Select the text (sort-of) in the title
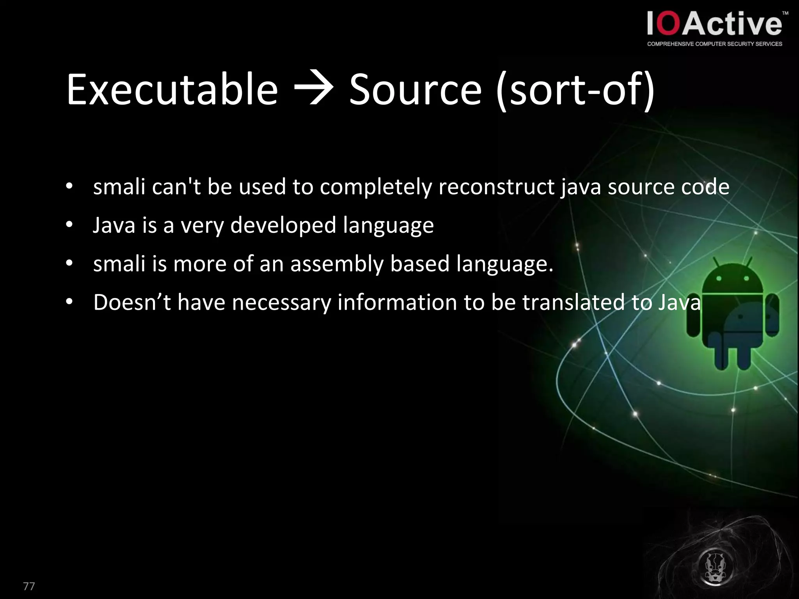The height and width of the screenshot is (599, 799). (576, 90)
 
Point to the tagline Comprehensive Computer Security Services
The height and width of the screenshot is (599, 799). (714, 44)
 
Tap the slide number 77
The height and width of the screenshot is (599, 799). (29, 586)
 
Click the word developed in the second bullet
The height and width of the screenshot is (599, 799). (283, 225)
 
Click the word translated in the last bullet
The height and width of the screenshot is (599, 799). (573, 302)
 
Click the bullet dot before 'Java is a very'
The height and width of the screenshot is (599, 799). (69, 225)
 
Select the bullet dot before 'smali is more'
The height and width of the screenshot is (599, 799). (69, 264)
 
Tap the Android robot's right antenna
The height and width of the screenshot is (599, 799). (748, 262)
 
